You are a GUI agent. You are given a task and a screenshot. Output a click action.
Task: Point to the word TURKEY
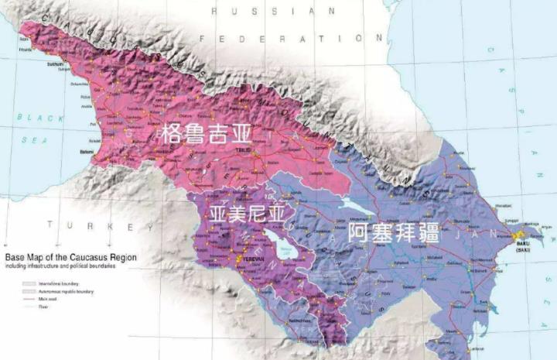pyautogui.click(x=100, y=226)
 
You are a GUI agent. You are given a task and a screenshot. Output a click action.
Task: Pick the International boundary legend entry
pyautogui.click(x=58, y=284)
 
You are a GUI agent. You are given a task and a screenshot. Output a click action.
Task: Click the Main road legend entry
pyautogui.click(x=49, y=298)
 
